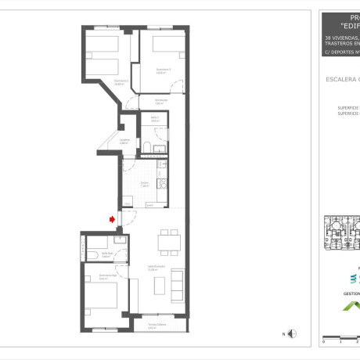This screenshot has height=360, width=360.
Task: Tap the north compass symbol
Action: pos(292,334)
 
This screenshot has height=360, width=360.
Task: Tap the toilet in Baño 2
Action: pos(146,149)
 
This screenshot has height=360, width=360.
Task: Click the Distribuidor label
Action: pos(160,101)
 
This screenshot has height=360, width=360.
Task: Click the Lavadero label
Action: pos(124,142)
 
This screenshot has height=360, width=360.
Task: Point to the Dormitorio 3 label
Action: pos(121,81)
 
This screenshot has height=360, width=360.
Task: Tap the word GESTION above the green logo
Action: pos(351,293)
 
